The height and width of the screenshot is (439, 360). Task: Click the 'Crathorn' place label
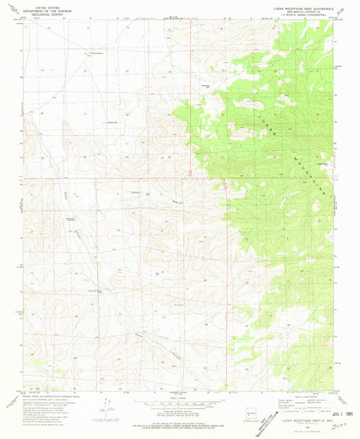point(134,192)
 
